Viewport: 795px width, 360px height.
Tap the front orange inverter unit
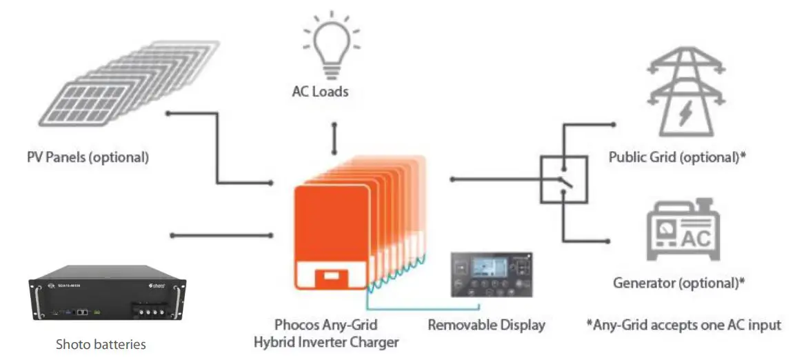331,234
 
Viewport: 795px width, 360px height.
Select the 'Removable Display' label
486,324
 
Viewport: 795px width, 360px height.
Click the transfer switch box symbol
563,179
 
